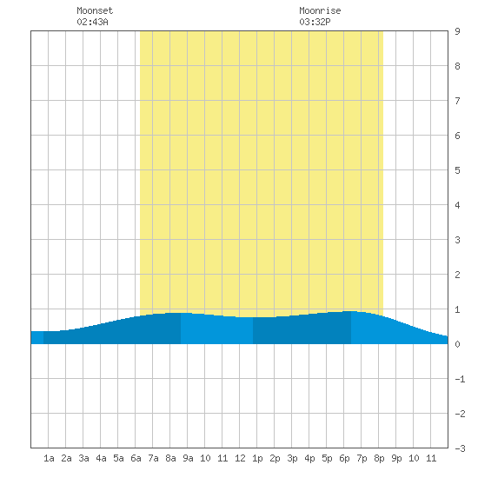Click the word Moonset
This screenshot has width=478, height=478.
[x=95, y=10]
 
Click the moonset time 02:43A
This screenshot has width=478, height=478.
[x=92, y=22]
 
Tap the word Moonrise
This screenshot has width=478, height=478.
[x=320, y=10]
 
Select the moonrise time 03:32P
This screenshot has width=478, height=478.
[x=315, y=22]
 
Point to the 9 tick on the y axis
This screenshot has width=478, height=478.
[x=457, y=31]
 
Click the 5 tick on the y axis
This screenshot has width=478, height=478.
[x=457, y=170]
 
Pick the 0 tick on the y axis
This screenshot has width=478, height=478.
[x=457, y=344]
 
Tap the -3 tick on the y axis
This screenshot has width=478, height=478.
[x=460, y=448]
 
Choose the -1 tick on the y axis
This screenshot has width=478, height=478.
[x=460, y=379]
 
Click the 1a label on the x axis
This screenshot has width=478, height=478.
[x=49, y=458]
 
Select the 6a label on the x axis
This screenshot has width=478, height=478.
[x=136, y=458]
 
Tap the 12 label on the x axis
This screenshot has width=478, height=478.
[x=240, y=458]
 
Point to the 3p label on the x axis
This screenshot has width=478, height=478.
[x=292, y=458]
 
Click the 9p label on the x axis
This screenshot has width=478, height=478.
[x=396, y=458]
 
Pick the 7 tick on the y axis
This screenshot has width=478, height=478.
[x=457, y=101]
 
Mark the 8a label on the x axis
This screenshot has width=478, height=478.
[x=170, y=458]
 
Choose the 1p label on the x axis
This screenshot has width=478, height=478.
[x=257, y=458]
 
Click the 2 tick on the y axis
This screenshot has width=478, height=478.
[x=457, y=275]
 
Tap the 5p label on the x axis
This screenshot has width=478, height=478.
[x=327, y=458]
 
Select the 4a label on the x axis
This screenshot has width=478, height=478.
[x=101, y=458]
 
